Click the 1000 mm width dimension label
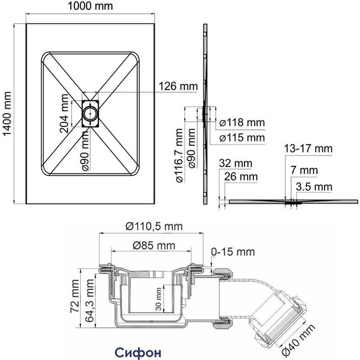90,6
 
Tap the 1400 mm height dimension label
8,114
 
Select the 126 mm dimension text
178,87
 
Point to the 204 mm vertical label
64,114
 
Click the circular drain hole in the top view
90,114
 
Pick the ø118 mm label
242,123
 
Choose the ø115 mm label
242,138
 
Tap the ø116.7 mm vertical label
179,155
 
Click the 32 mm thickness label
236,163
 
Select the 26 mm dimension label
241,177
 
